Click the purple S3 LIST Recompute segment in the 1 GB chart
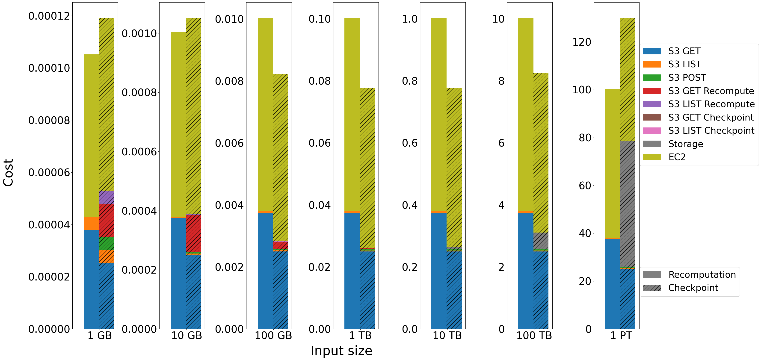click(x=106, y=197)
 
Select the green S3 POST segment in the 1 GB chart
click(x=106, y=244)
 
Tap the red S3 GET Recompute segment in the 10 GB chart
click(x=193, y=233)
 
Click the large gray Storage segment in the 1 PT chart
click(x=628, y=204)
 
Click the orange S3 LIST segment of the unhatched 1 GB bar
click(x=91, y=224)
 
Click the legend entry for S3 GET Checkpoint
click(x=711, y=117)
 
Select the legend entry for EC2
click(x=677, y=157)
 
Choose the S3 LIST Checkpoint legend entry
click(x=711, y=130)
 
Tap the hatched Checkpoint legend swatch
click(x=652, y=288)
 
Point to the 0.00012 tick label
click(x=49, y=16)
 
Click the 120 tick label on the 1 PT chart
click(x=582, y=42)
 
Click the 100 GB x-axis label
click(x=273, y=336)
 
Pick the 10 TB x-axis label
click(x=447, y=336)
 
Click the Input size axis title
click(x=341, y=351)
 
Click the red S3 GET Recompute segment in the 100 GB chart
click(x=280, y=245)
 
